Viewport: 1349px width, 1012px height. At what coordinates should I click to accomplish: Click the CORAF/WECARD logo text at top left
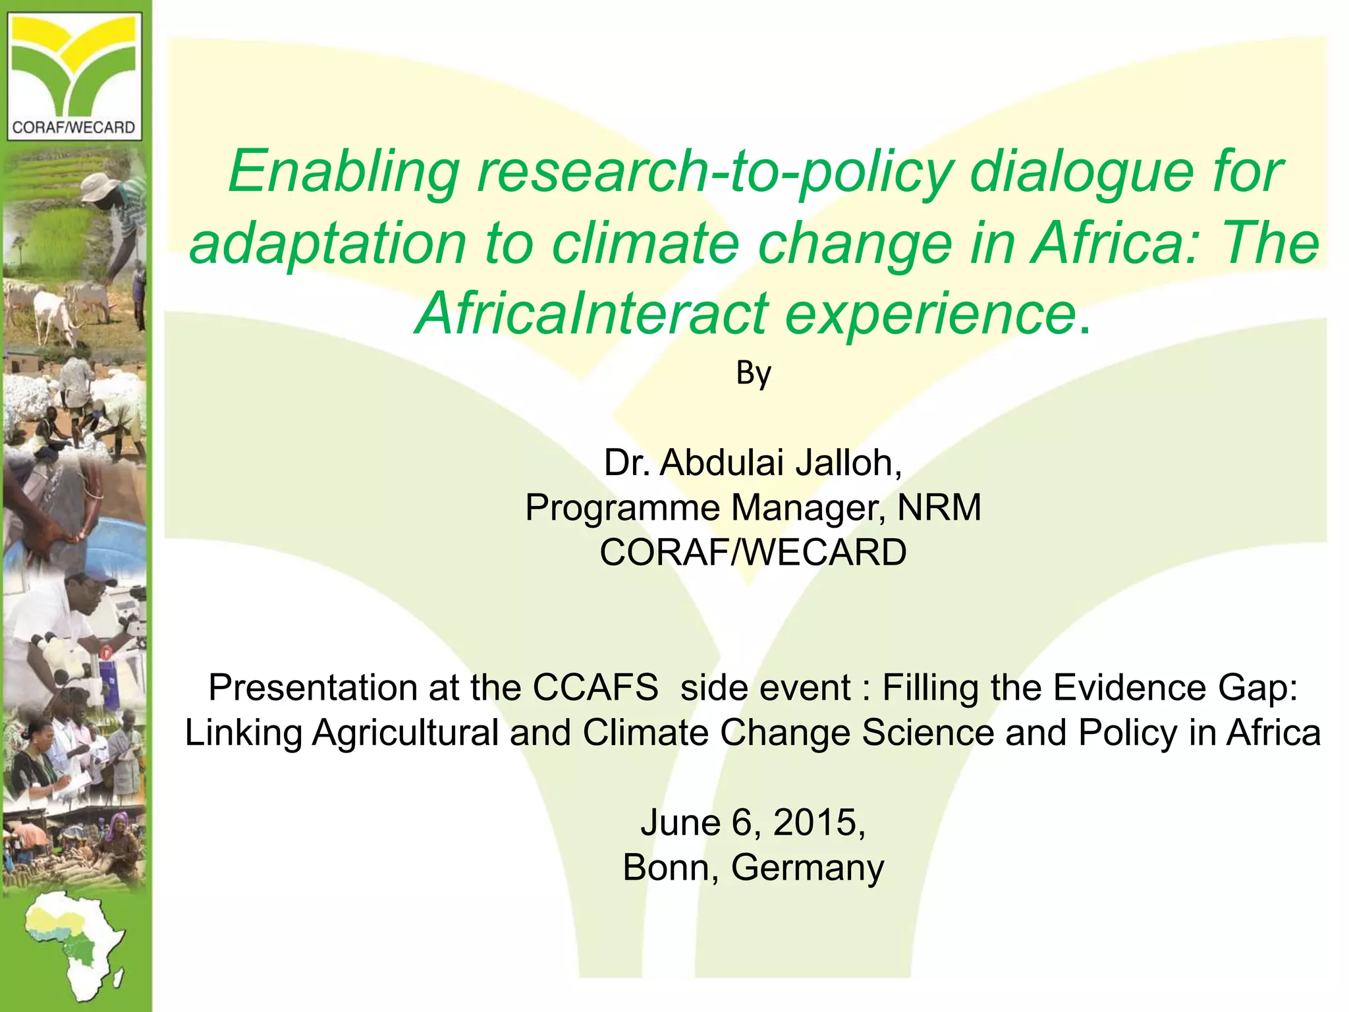(74, 127)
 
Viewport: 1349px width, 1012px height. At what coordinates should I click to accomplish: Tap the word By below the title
(753, 374)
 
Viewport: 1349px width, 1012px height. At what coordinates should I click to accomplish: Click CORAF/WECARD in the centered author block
(753, 552)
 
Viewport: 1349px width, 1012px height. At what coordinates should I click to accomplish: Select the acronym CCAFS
(595, 688)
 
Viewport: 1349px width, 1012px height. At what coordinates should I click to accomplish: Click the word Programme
(622, 507)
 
